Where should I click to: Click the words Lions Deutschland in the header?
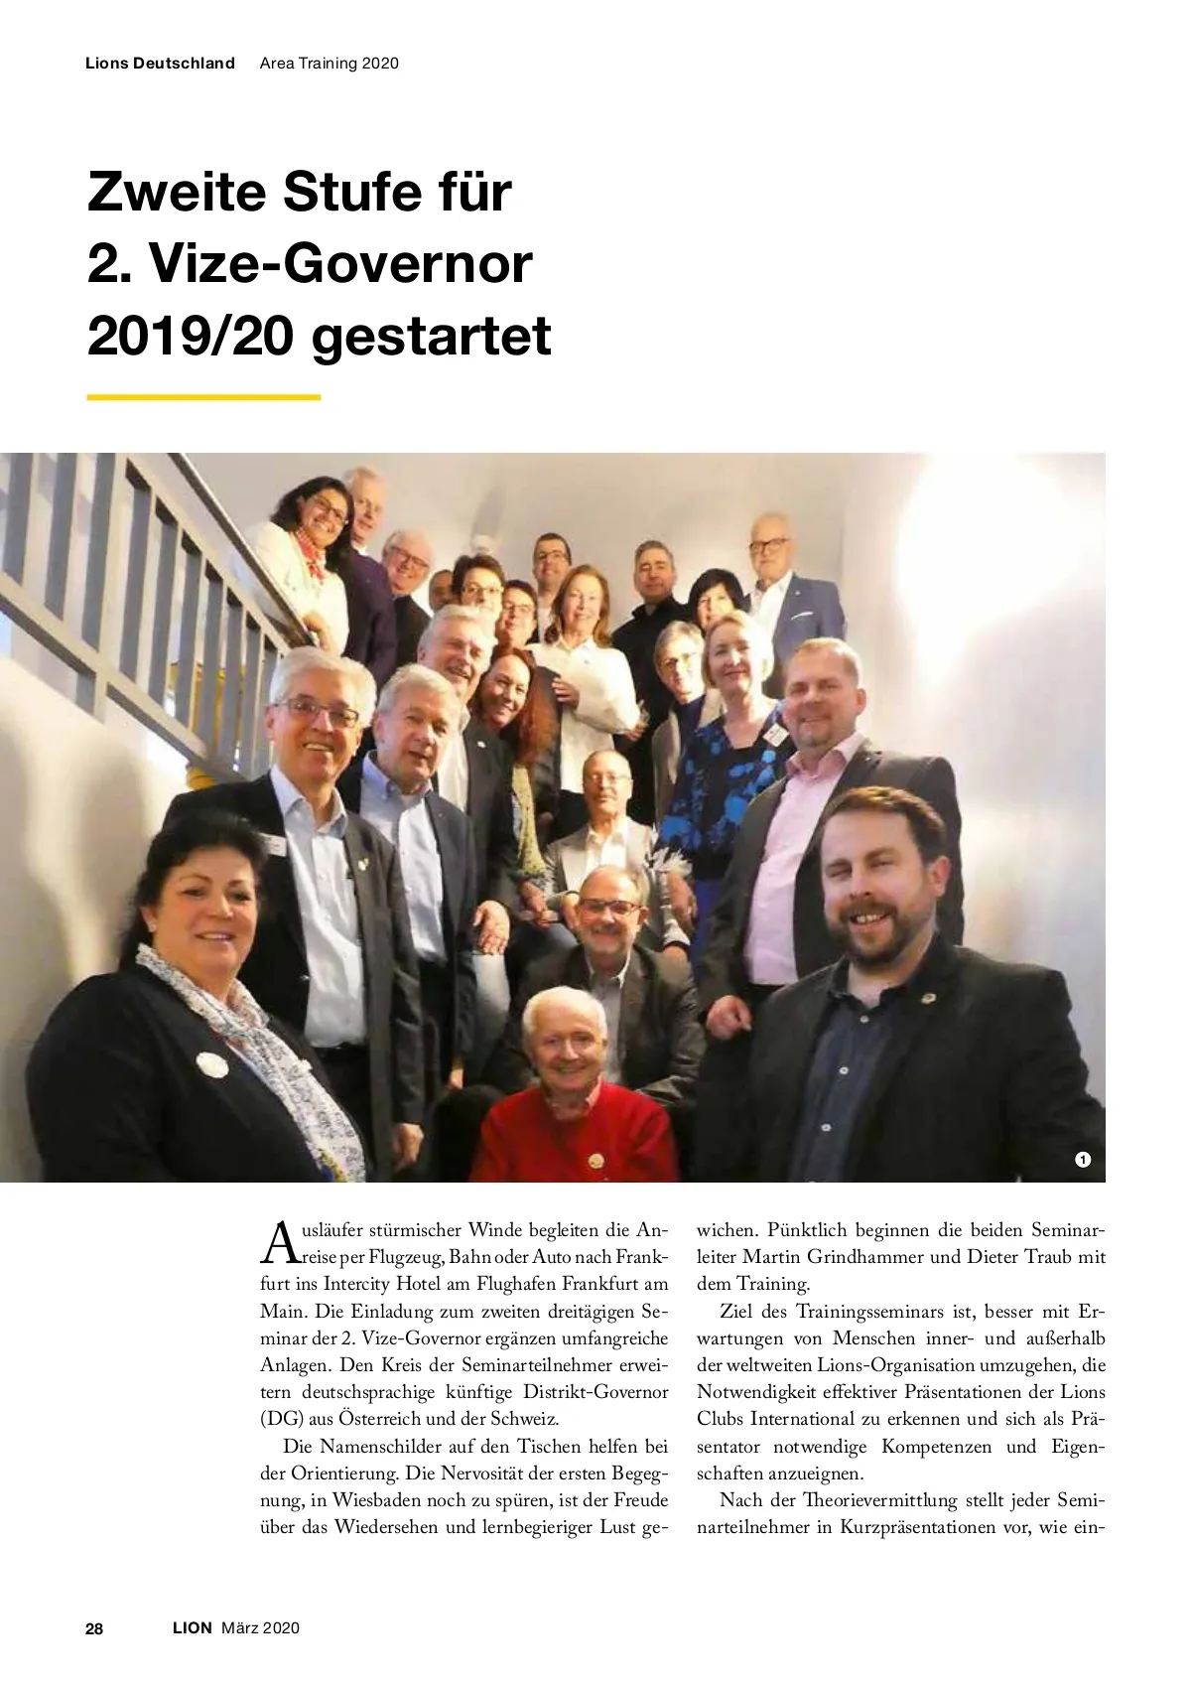tap(161, 64)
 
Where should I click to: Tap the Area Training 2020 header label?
tap(329, 64)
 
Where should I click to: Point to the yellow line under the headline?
tap(203, 397)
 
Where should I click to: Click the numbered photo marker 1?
tap(1082, 1159)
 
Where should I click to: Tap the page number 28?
tap(95, 1628)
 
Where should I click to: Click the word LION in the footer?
tap(193, 1628)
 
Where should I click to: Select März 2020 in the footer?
tap(260, 1628)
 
